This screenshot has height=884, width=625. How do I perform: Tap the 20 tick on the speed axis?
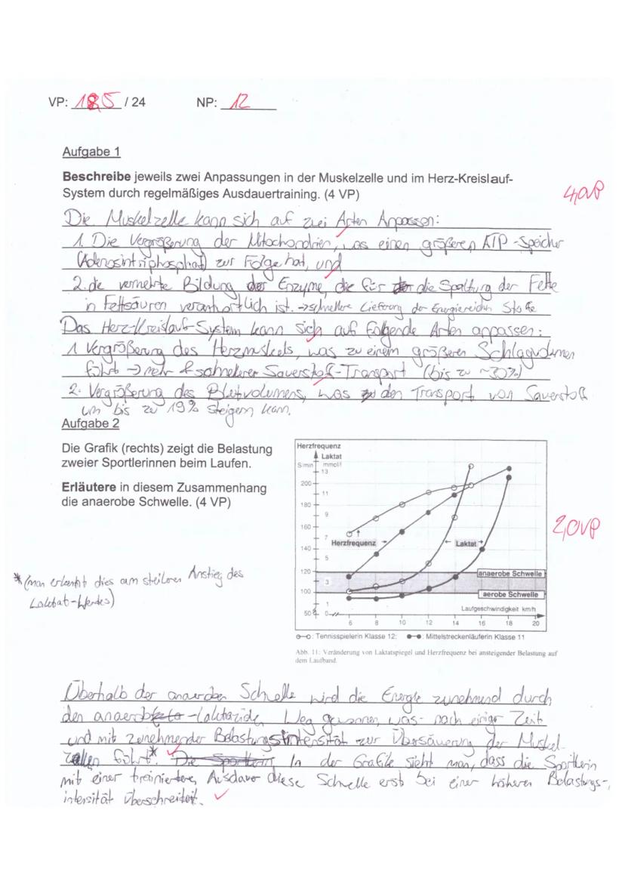pos(535,624)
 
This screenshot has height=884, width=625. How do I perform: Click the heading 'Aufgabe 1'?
pos(91,152)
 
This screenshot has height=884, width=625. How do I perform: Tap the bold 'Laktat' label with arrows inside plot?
pos(463,542)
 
